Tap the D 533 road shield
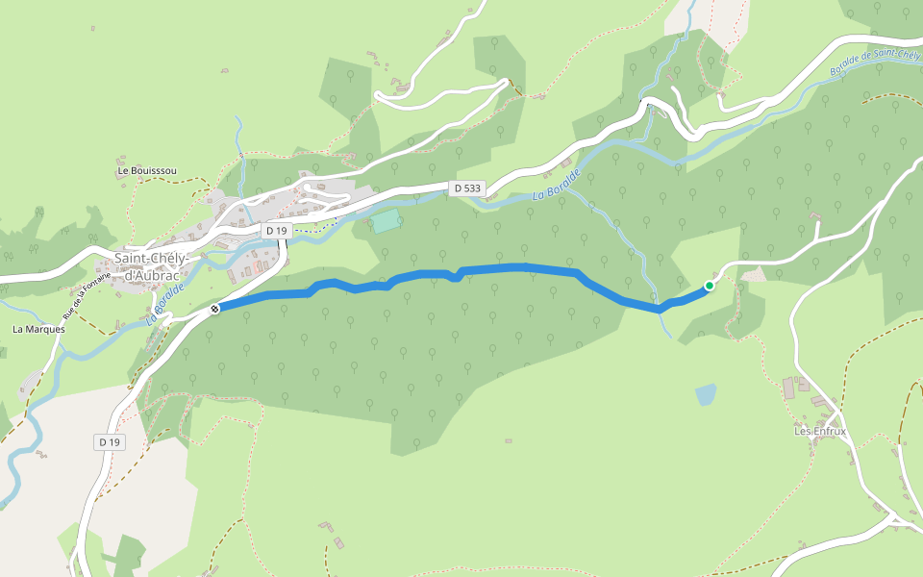(466, 188)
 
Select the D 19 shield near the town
(277, 231)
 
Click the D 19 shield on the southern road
(110, 441)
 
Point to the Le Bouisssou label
(147, 170)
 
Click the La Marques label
(38, 329)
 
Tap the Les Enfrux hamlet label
(819, 431)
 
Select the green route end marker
(710, 285)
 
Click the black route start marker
(214, 309)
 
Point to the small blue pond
(706, 394)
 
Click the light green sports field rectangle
(386, 221)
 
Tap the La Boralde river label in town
(165, 303)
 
